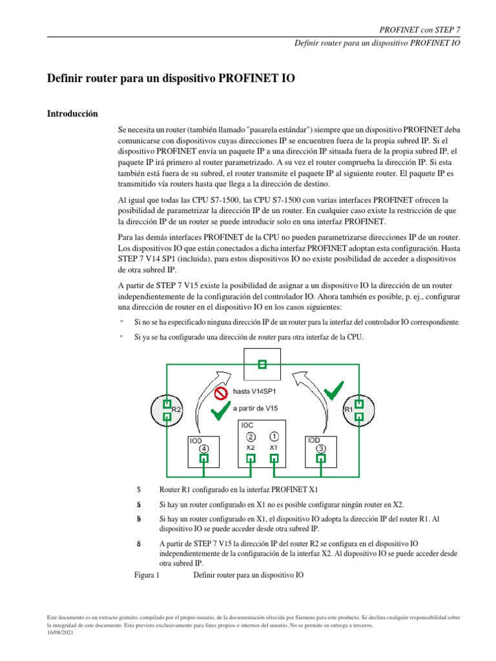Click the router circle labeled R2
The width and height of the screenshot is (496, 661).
pyautogui.click(x=165, y=410)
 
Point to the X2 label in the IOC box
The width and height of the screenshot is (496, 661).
pyautogui.click(x=251, y=447)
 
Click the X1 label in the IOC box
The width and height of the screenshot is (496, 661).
pyautogui.click(x=273, y=447)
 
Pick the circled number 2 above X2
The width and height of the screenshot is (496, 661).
pyautogui.click(x=251, y=436)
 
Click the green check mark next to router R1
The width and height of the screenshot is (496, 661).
pyautogui.click(x=335, y=391)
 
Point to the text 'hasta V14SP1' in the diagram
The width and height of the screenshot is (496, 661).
pyautogui.click(x=254, y=392)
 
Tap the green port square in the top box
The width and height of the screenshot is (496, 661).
pyautogui.click(x=262, y=365)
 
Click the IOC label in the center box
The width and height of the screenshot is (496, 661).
pyautogui.click(x=247, y=425)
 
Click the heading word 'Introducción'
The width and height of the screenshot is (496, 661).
pyautogui.click(x=72, y=114)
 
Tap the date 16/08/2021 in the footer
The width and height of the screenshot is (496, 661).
pyautogui.click(x=61, y=633)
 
